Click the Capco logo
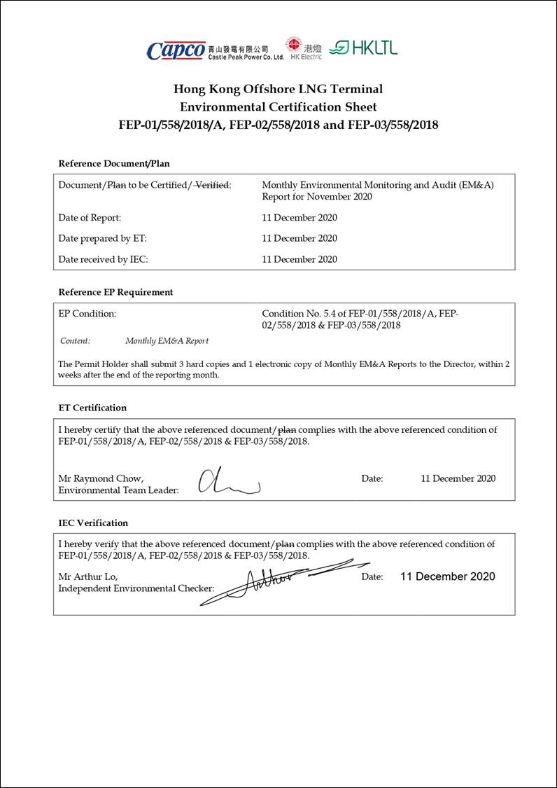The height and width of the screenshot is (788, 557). click(x=176, y=50)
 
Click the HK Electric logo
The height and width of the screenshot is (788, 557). click(x=303, y=48)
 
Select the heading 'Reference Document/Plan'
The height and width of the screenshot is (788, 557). click(x=114, y=163)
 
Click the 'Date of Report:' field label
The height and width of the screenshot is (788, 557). click(x=90, y=218)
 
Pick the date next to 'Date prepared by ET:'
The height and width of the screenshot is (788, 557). click(x=299, y=238)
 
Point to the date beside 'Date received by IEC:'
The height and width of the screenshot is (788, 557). click(x=299, y=259)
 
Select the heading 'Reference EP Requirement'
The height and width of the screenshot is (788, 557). click(x=115, y=292)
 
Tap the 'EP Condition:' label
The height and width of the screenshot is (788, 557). click(x=87, y=314)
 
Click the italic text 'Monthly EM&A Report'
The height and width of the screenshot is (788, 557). click(x=167, y=341)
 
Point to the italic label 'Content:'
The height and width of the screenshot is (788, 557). click(x=75, y=341)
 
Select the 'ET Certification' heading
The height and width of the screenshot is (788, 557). click(x=92, y=408)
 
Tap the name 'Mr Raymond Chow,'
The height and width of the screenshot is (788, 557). click(x=101, y=478)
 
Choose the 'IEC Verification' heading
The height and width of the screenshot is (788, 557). click(x=93, y=523)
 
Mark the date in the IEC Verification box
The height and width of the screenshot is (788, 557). click(x=448, y=576)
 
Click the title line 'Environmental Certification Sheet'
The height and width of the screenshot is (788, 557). click(x=278, y=107)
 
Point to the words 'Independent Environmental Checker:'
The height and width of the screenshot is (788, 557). click(x=136, y=588)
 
